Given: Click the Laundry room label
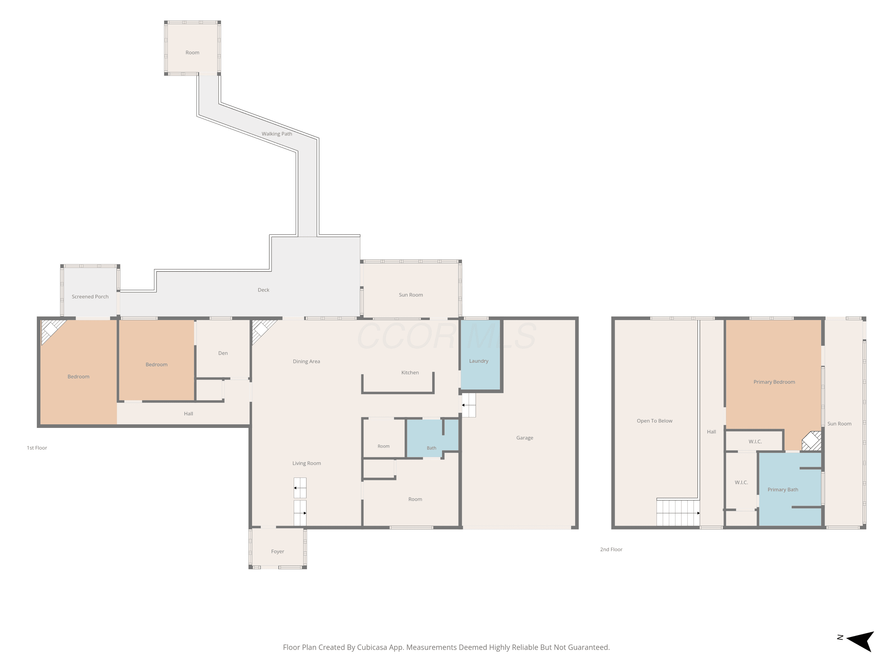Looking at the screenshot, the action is click(x=478, y=361).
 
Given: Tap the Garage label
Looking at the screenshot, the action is click(x=524, y=438).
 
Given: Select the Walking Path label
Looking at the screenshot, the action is click(x=277, y=134).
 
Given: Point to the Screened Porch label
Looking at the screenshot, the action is click(x=90, y=296).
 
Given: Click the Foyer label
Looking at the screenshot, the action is click(x=277, y=551).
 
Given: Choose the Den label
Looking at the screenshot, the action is click(x=223, y=353).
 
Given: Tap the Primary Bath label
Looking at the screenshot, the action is click(x=783, y=490).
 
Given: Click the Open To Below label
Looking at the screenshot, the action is click(x=654, y=421).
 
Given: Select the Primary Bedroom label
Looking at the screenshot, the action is click(x=774, y=382).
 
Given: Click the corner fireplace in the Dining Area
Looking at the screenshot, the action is click(x=262, y=330).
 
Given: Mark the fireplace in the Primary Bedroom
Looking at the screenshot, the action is click(x=811, y=441).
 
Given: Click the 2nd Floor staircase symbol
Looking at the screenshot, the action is click(x=678, y=513).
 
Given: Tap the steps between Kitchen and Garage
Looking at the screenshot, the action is click(x=469, y=405).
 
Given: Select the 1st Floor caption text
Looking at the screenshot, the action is click(x=37, y=448).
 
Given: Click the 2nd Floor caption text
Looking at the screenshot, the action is click(x=611, y=549).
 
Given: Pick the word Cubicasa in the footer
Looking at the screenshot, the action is click(x=372, y=647).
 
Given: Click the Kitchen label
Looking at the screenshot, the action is click(x=410, y=372).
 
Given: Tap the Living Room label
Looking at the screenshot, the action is click(x=306, y=463).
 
